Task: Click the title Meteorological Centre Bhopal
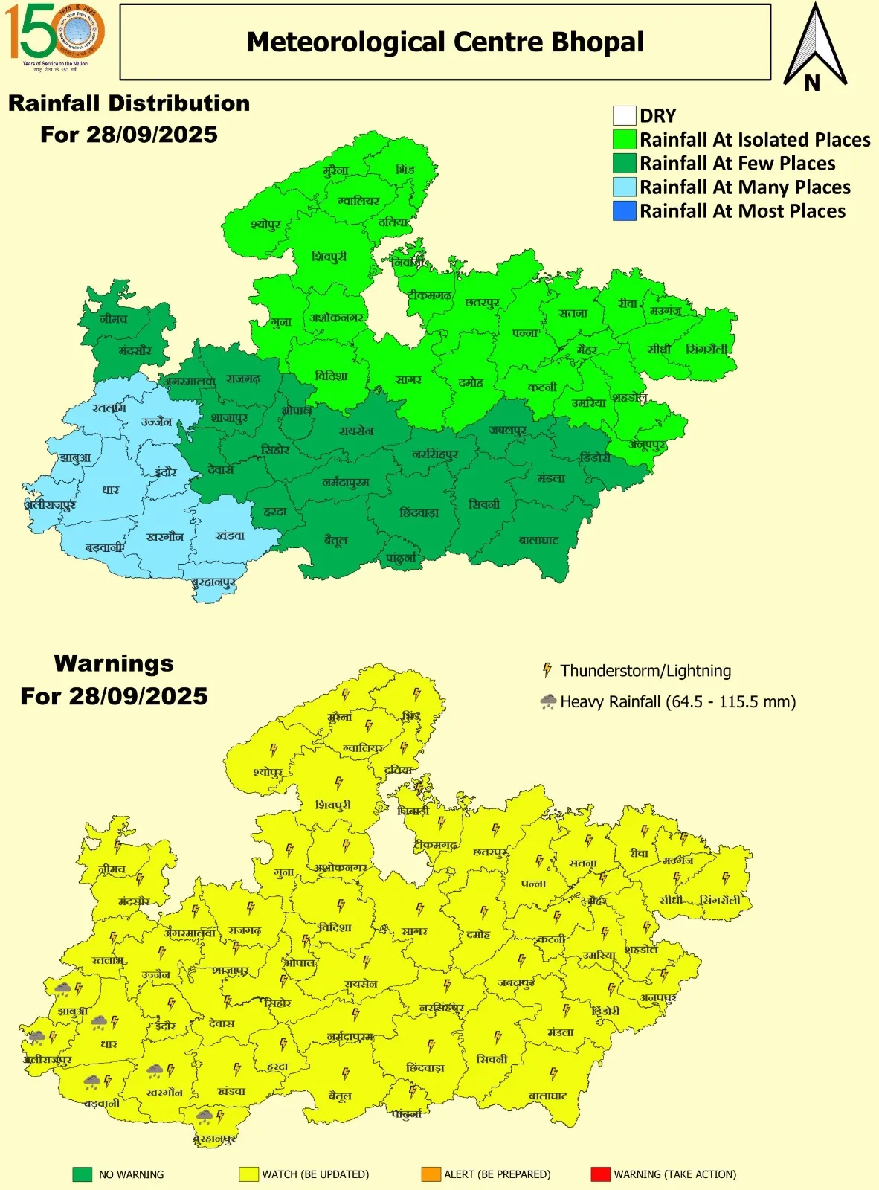click(445, 42)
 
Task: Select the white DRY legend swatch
click(624, 116)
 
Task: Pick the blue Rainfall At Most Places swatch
click(624, 211)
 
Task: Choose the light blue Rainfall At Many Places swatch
click(624, 187)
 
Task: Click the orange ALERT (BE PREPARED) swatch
click(431, 1174)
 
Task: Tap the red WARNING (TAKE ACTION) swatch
click(600, 1174)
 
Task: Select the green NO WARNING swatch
click(82, 1174)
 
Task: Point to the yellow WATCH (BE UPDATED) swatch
click(248, 1174)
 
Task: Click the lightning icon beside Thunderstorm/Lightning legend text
click(547, 670)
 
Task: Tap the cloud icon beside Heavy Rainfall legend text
click(548, 701)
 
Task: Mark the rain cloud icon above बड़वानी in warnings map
click(92, 1081)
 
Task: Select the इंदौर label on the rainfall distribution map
click(166, 472)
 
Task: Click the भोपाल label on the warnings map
click(299, 962)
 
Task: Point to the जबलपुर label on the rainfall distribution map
click(507, 430)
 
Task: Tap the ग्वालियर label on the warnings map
click(363, 747)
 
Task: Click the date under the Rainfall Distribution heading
click(129, 135)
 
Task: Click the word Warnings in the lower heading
click(114, 663)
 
